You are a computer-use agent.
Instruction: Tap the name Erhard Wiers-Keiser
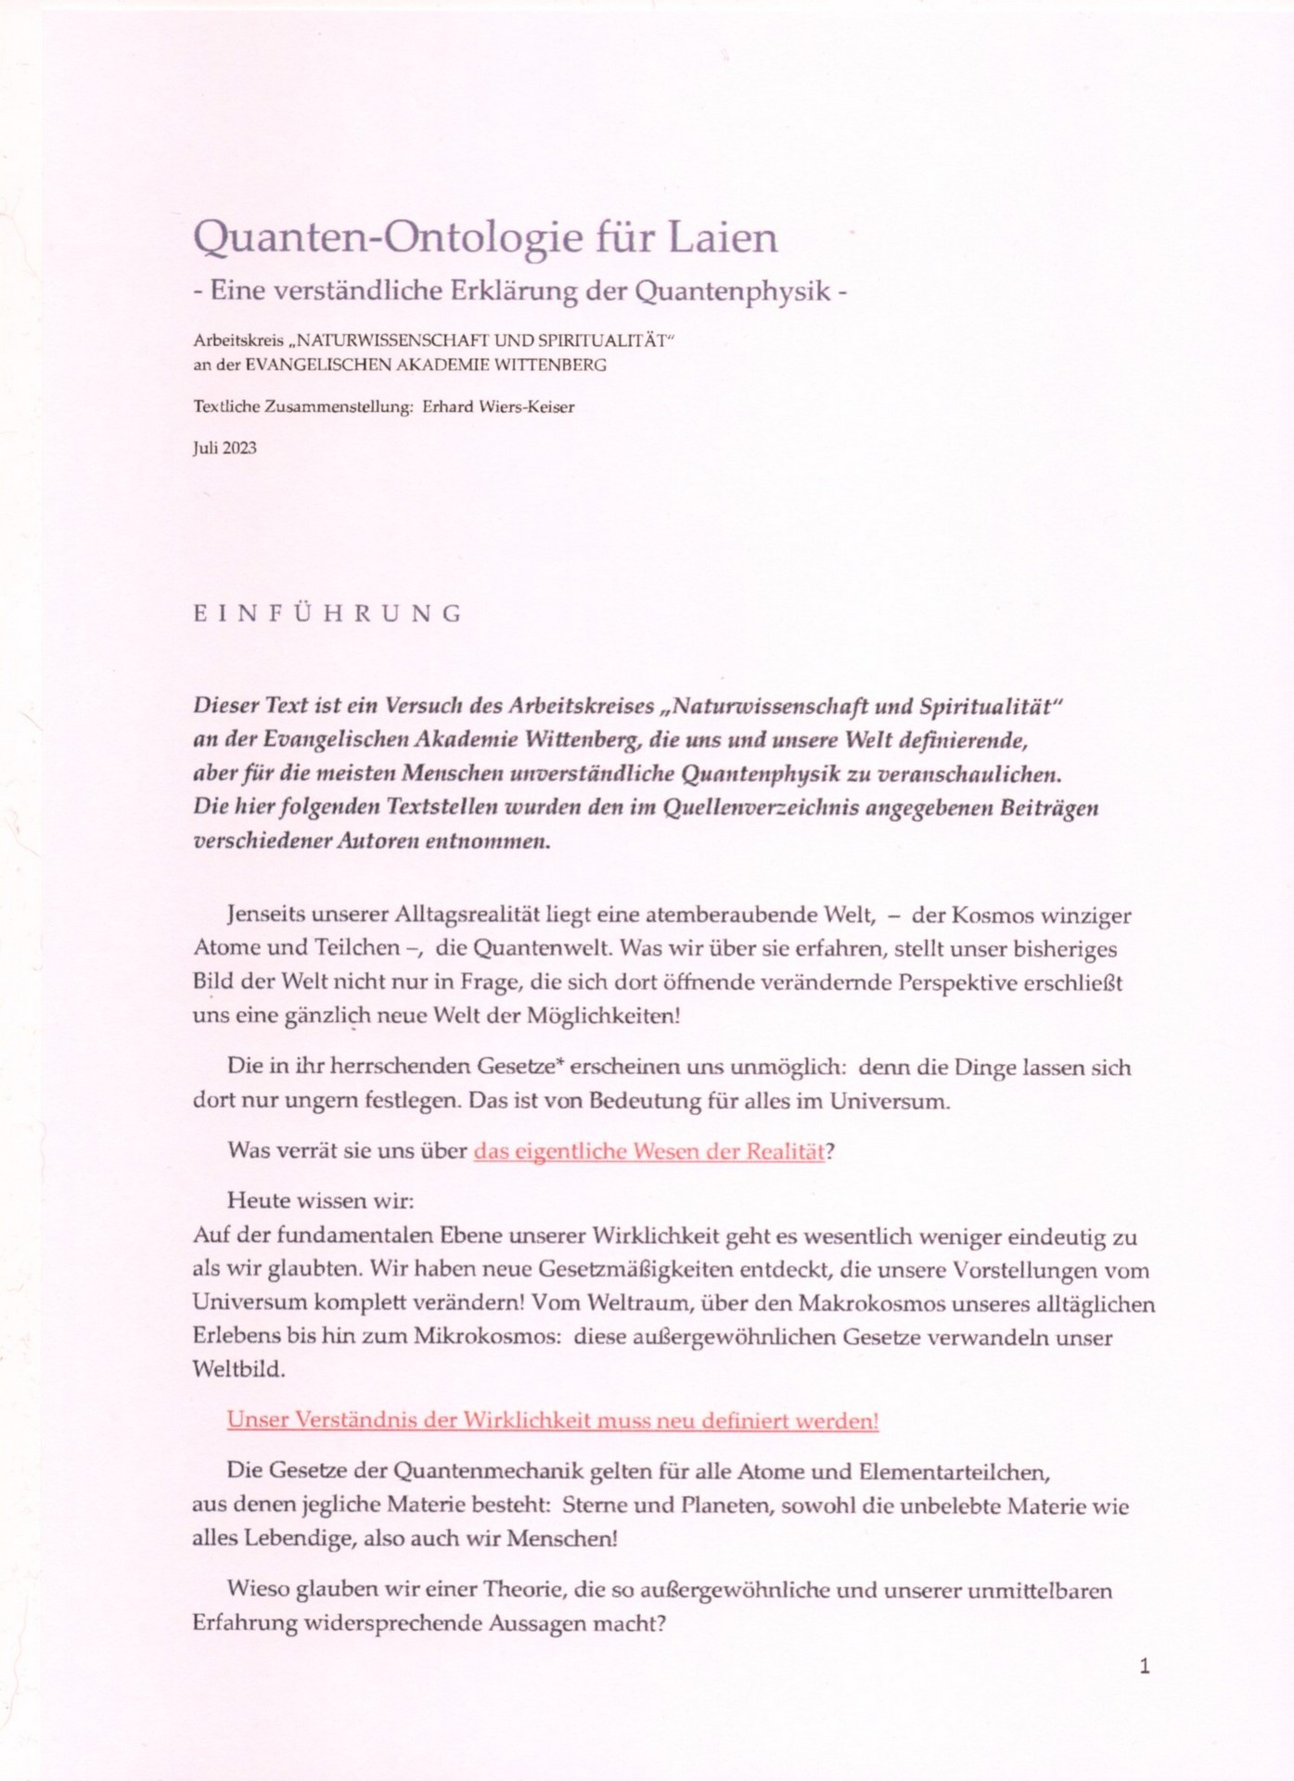click(498, 406)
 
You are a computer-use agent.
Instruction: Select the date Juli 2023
click(224, 448)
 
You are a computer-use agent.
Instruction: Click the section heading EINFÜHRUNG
click(327, 613)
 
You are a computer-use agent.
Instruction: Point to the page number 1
click(1145, 1666)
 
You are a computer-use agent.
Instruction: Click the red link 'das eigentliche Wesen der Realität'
click(648, 1151)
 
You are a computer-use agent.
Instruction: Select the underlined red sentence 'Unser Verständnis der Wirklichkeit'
click(552, 1420)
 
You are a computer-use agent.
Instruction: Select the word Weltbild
click(238, 1370)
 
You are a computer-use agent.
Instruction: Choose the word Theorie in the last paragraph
click(523, 1590)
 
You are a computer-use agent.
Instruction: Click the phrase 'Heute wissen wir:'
click(320, 1200)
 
